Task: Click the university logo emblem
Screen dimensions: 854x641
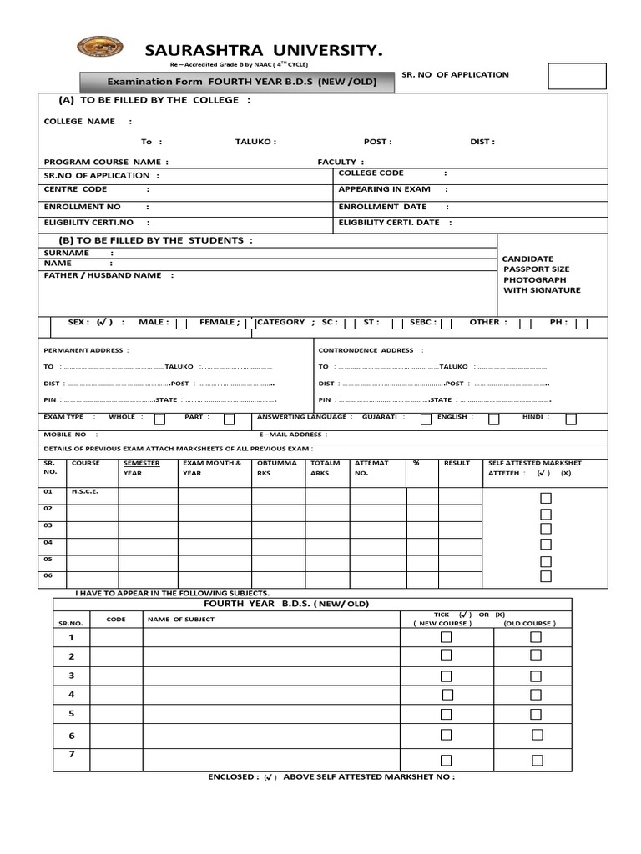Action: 99,48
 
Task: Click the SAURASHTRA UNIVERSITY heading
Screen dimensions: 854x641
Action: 264,52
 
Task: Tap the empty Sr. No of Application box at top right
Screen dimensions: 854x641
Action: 577,75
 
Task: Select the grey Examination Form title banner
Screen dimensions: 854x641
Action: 237,82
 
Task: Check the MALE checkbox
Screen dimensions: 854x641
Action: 181,324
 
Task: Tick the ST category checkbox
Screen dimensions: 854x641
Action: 397,324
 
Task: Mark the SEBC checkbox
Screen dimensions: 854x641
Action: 447,324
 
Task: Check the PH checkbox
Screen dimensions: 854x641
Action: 581,324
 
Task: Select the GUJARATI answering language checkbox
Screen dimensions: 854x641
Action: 426,419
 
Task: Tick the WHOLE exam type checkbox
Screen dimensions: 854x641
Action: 159,419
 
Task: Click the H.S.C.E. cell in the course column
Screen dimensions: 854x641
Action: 85,491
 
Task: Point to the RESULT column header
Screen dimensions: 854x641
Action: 457,463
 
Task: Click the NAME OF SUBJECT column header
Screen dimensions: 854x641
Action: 181,619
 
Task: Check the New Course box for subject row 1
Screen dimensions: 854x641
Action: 447,637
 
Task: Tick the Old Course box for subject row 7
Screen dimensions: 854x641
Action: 537,760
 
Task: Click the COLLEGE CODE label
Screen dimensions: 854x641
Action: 371,173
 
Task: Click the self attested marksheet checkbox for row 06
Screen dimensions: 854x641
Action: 546,576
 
